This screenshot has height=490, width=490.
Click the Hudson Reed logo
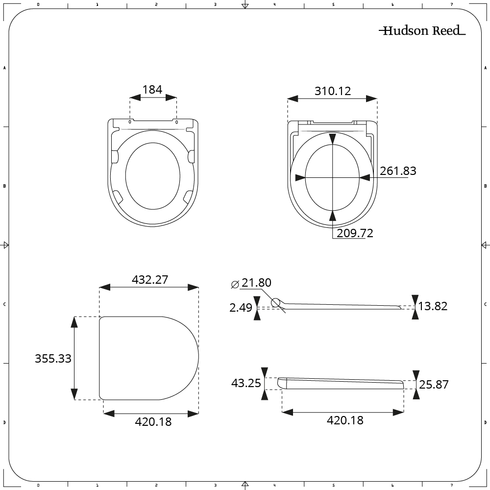point(422,31)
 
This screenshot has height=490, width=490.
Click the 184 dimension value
point(152,89)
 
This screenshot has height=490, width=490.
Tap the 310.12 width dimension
point(333,91)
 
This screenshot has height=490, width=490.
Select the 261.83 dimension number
point(398,171)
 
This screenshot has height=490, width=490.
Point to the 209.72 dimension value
point(355,233)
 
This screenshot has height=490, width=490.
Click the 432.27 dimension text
point(150,279)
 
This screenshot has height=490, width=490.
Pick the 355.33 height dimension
point(53,358)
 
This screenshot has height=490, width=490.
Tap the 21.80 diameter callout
point(256,283)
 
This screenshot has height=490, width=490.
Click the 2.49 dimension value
point(241,308)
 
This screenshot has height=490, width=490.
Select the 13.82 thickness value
point(434,306)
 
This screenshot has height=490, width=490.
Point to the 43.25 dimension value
point(246,383)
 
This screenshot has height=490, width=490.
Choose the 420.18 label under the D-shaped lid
point(153,421)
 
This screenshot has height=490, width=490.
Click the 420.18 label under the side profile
point(345,420)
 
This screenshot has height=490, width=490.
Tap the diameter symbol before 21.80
point(235,284)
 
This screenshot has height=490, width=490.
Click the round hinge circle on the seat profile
point(276,303)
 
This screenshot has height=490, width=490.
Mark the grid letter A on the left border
point(4,68)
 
